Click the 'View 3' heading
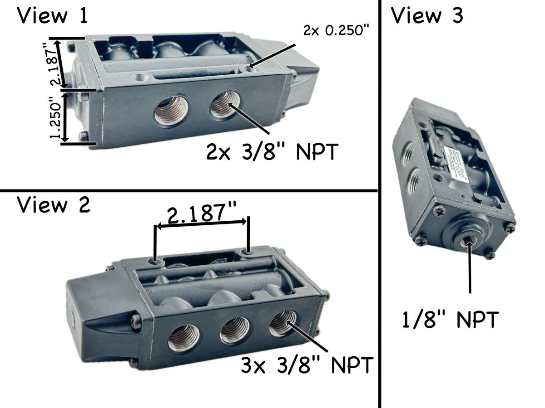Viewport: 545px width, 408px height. pos(427,16)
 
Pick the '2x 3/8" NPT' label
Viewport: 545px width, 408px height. pos(272,152)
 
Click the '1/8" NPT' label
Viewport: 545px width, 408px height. pos(451,319)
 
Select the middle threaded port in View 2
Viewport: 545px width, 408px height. pos(235,330)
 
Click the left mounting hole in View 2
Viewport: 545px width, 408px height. pos(156,262)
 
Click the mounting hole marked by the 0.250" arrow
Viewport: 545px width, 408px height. pos(249,68)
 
